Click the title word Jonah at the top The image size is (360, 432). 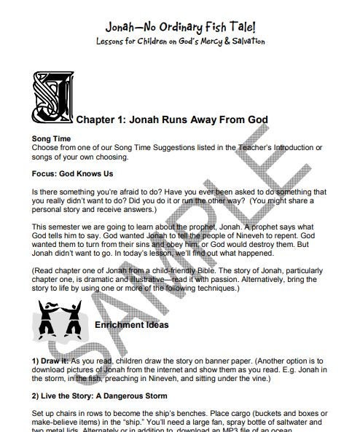click(x=121, y=27)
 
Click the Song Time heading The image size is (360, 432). click(x=51, y=138)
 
